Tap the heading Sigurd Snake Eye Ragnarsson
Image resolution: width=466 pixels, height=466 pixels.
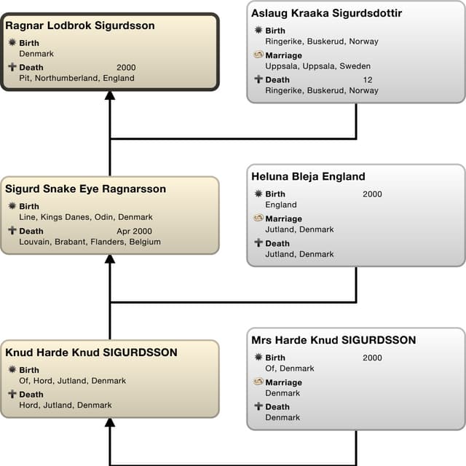[85, 189]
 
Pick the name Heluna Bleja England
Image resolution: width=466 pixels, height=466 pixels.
[308, 176]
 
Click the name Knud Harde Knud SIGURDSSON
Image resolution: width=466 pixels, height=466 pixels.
[91, 352]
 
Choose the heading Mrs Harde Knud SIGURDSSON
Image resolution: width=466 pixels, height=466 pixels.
[333, 340]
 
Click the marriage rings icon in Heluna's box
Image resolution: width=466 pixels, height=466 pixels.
[258, 218]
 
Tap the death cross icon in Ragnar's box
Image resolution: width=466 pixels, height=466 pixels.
[12, 68]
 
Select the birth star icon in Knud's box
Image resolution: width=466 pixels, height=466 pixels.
[12, 370]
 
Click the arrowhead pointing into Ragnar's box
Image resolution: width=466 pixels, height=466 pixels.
[110, 95]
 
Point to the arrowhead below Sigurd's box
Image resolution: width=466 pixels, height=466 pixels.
[110, 259]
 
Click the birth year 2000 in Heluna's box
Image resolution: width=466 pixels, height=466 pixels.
[372, 194]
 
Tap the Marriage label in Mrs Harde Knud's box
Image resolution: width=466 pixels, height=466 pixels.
[283, 382]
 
